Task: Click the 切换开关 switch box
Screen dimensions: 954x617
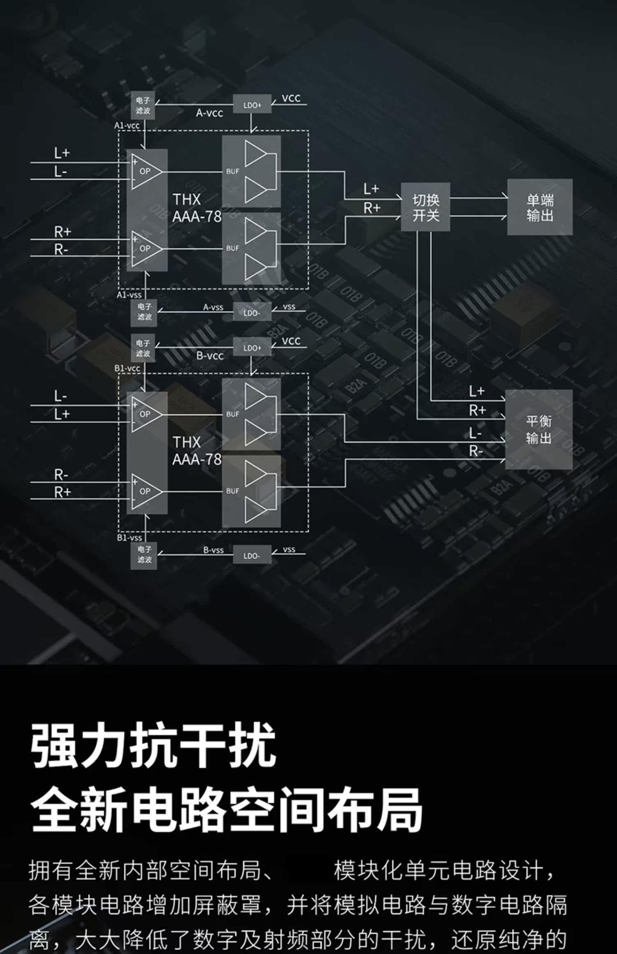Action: [425, 207]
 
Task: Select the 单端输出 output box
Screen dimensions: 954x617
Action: [539, 207]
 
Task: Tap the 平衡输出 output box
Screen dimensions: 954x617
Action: [538, 429]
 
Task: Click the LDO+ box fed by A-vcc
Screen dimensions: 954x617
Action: [252, 105]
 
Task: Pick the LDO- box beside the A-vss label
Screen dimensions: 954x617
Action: [251, 313]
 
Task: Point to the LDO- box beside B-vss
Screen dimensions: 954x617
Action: [251, 555]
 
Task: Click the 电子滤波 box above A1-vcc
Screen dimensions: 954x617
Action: [143, 105]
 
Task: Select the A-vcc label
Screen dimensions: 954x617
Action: [209, 113]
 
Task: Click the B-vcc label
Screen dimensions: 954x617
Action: [210, 355]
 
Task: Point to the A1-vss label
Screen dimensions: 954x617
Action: [129, 295]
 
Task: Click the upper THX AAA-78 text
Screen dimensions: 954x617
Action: [197, 208]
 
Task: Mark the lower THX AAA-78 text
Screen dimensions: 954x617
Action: [197, 451]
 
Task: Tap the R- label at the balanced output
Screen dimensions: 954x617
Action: [476, 452]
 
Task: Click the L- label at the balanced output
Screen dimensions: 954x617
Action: [475, 433]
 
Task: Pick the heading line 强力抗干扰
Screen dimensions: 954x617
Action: [153, 745]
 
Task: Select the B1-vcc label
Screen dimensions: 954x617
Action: [127, 368]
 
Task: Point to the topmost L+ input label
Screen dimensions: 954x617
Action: [62, 153]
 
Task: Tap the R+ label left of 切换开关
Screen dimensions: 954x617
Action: [371, 208]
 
